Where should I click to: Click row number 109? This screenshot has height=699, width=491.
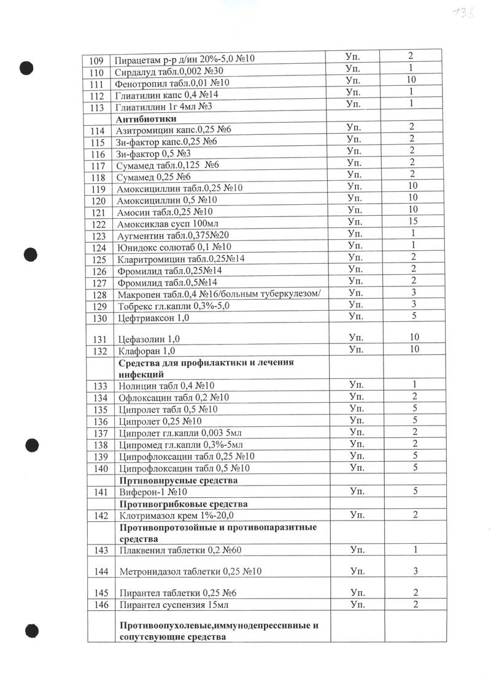tap(96, 60)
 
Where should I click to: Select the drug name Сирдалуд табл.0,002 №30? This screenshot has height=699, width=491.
tap(167, 72)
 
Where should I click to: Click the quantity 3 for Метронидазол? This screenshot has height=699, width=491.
tap(415, 571)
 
